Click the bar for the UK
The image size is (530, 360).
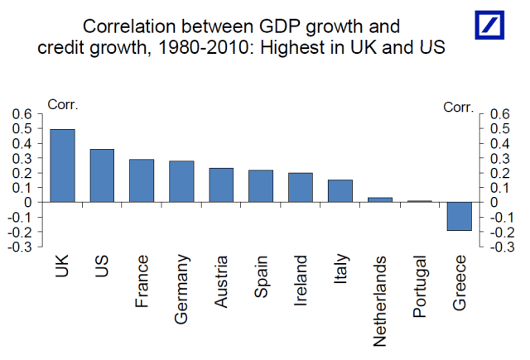[x=62, y=166]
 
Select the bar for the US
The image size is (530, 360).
[x=102, y=175]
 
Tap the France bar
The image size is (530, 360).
[x=142, y=180]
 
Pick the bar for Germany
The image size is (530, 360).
[x=181, y=181]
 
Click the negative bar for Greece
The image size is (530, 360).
[x=460, y=216]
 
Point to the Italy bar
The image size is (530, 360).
[x=340, y=190]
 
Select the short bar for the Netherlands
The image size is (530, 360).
[x=380, y=199]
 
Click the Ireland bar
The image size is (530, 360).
[x=301, y=187]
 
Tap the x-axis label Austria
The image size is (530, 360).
[x=222, y=281]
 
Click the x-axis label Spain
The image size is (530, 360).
[x=262, y=277]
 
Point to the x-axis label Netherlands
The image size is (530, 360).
[x=380, y=299]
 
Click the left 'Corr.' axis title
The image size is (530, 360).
[x=63, y=104]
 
